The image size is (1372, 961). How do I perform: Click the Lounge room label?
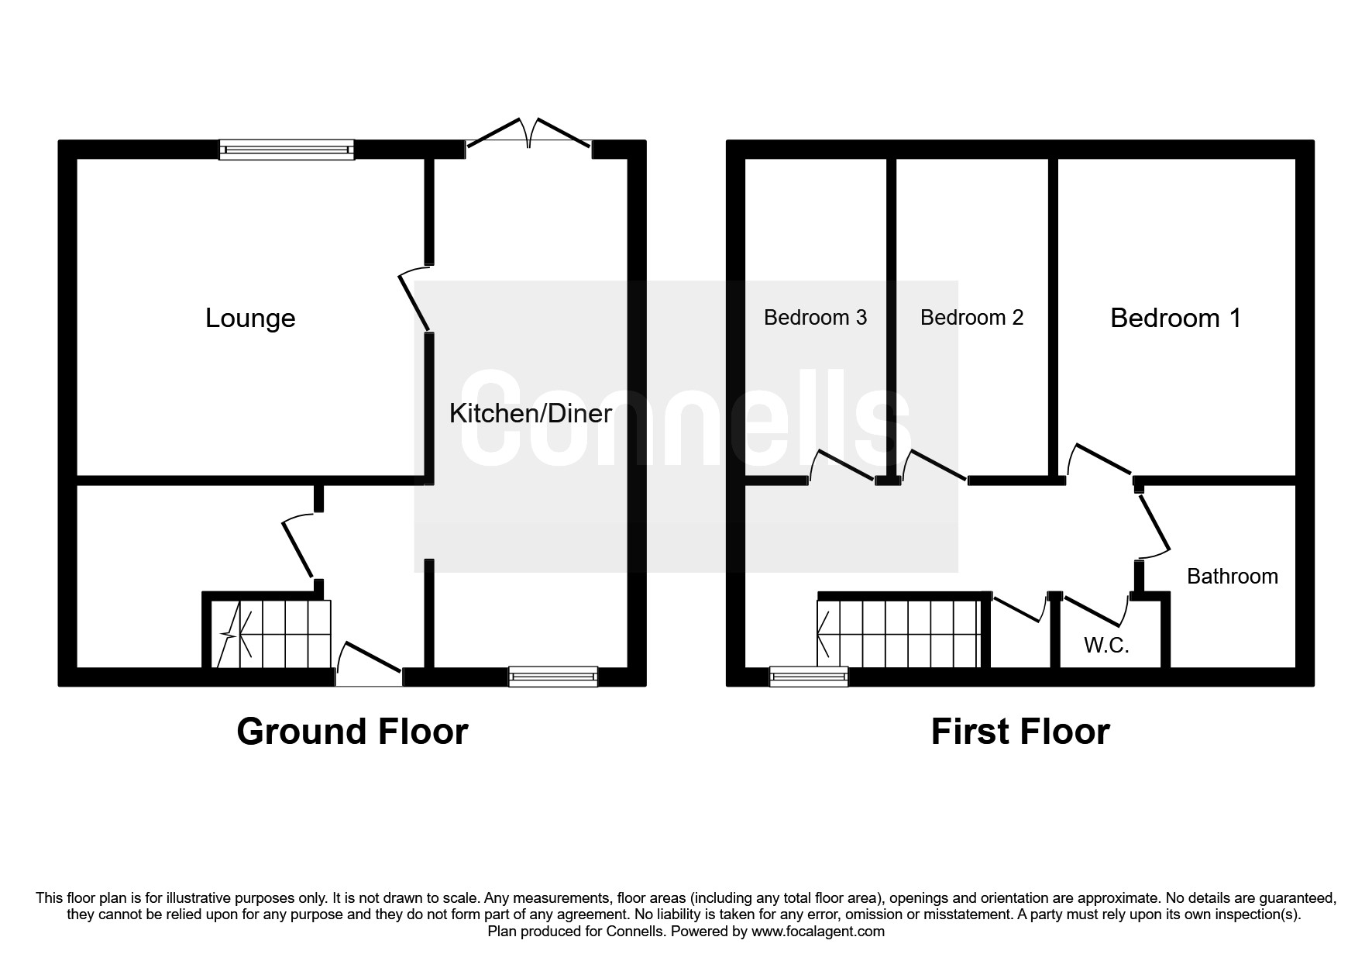click(250, 319)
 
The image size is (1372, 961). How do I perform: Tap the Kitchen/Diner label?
click(531, 413)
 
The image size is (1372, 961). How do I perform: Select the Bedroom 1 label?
click(1175, 318)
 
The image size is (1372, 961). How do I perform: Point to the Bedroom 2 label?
click(971, 318)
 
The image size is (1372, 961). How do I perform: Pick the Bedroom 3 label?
click(815, 318)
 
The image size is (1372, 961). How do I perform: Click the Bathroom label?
click(1232, 577)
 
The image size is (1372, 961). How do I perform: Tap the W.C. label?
click(1106, 646)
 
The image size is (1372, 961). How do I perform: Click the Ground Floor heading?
click(352, 732)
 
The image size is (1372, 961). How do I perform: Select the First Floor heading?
click(1020, 732)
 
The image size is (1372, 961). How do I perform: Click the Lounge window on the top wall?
click(287, 150)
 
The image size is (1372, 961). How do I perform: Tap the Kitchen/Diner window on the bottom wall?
click(553, 677)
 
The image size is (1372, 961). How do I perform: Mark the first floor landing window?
click(809, 677)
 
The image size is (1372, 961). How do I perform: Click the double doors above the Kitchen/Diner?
click(529, 136)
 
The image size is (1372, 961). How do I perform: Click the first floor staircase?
click(899, 634)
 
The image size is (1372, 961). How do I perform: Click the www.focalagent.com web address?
click(817, 932)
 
